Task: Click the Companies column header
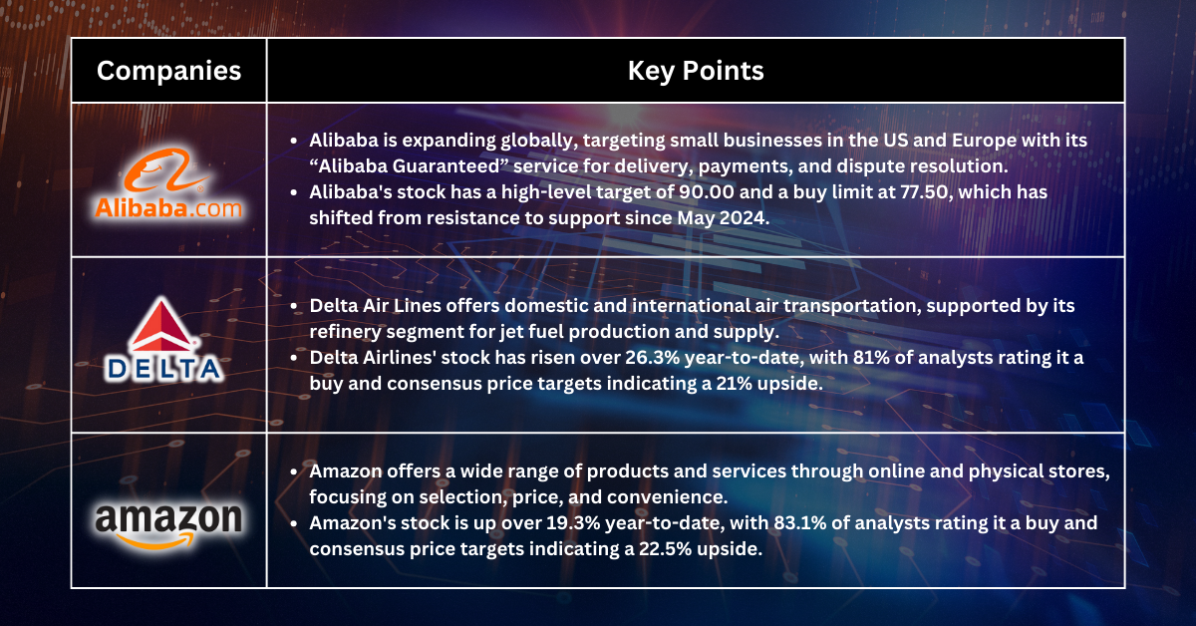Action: pos(168,71)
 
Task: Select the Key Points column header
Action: pos(696,71)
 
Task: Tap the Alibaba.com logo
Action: pos(168,183)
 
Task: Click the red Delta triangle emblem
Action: pos(162,325)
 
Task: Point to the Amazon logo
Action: pos(168,525)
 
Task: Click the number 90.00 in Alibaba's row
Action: pos(706,191)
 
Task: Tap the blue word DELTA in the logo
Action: pos(163,370)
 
